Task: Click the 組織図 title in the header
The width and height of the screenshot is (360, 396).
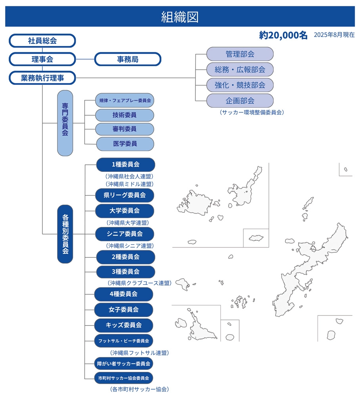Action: (x=180, y=17)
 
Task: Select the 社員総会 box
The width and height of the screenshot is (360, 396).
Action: (x=42, y=40)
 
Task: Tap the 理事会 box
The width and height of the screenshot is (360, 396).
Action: (x=42, y=59)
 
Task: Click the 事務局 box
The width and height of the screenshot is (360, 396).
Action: (x=128, y=59)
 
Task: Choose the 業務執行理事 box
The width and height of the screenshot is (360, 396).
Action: (x=42, y=78)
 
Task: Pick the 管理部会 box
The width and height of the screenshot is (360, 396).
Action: (x=240, y=54)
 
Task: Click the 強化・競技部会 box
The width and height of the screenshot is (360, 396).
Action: (x=240, y=85)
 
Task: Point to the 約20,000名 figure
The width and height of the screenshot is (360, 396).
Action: (x=283, y=35)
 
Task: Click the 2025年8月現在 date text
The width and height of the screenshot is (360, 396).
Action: (x=334, y=35)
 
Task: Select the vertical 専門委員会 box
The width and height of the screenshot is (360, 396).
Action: (x=65, y=123)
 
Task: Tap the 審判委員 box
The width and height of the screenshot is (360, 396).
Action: (x=124, y=129)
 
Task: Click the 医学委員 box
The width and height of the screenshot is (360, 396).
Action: (x=124, y=144)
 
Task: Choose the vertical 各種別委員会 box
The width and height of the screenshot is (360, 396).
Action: (x=65, y=234)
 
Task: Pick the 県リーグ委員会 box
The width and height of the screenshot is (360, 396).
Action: (x=124, y=195)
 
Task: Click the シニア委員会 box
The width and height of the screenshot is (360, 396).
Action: (x=124, y=234)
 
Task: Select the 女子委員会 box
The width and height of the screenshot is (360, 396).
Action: (x=124, y=309)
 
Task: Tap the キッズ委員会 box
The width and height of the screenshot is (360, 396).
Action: (x=124, y=325)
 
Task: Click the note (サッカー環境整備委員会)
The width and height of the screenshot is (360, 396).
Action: (x=251, y=112)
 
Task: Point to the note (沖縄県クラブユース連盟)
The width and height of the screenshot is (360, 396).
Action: (x=139, y=283)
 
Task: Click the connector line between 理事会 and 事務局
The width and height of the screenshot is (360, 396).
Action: (x=85, y=59)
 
